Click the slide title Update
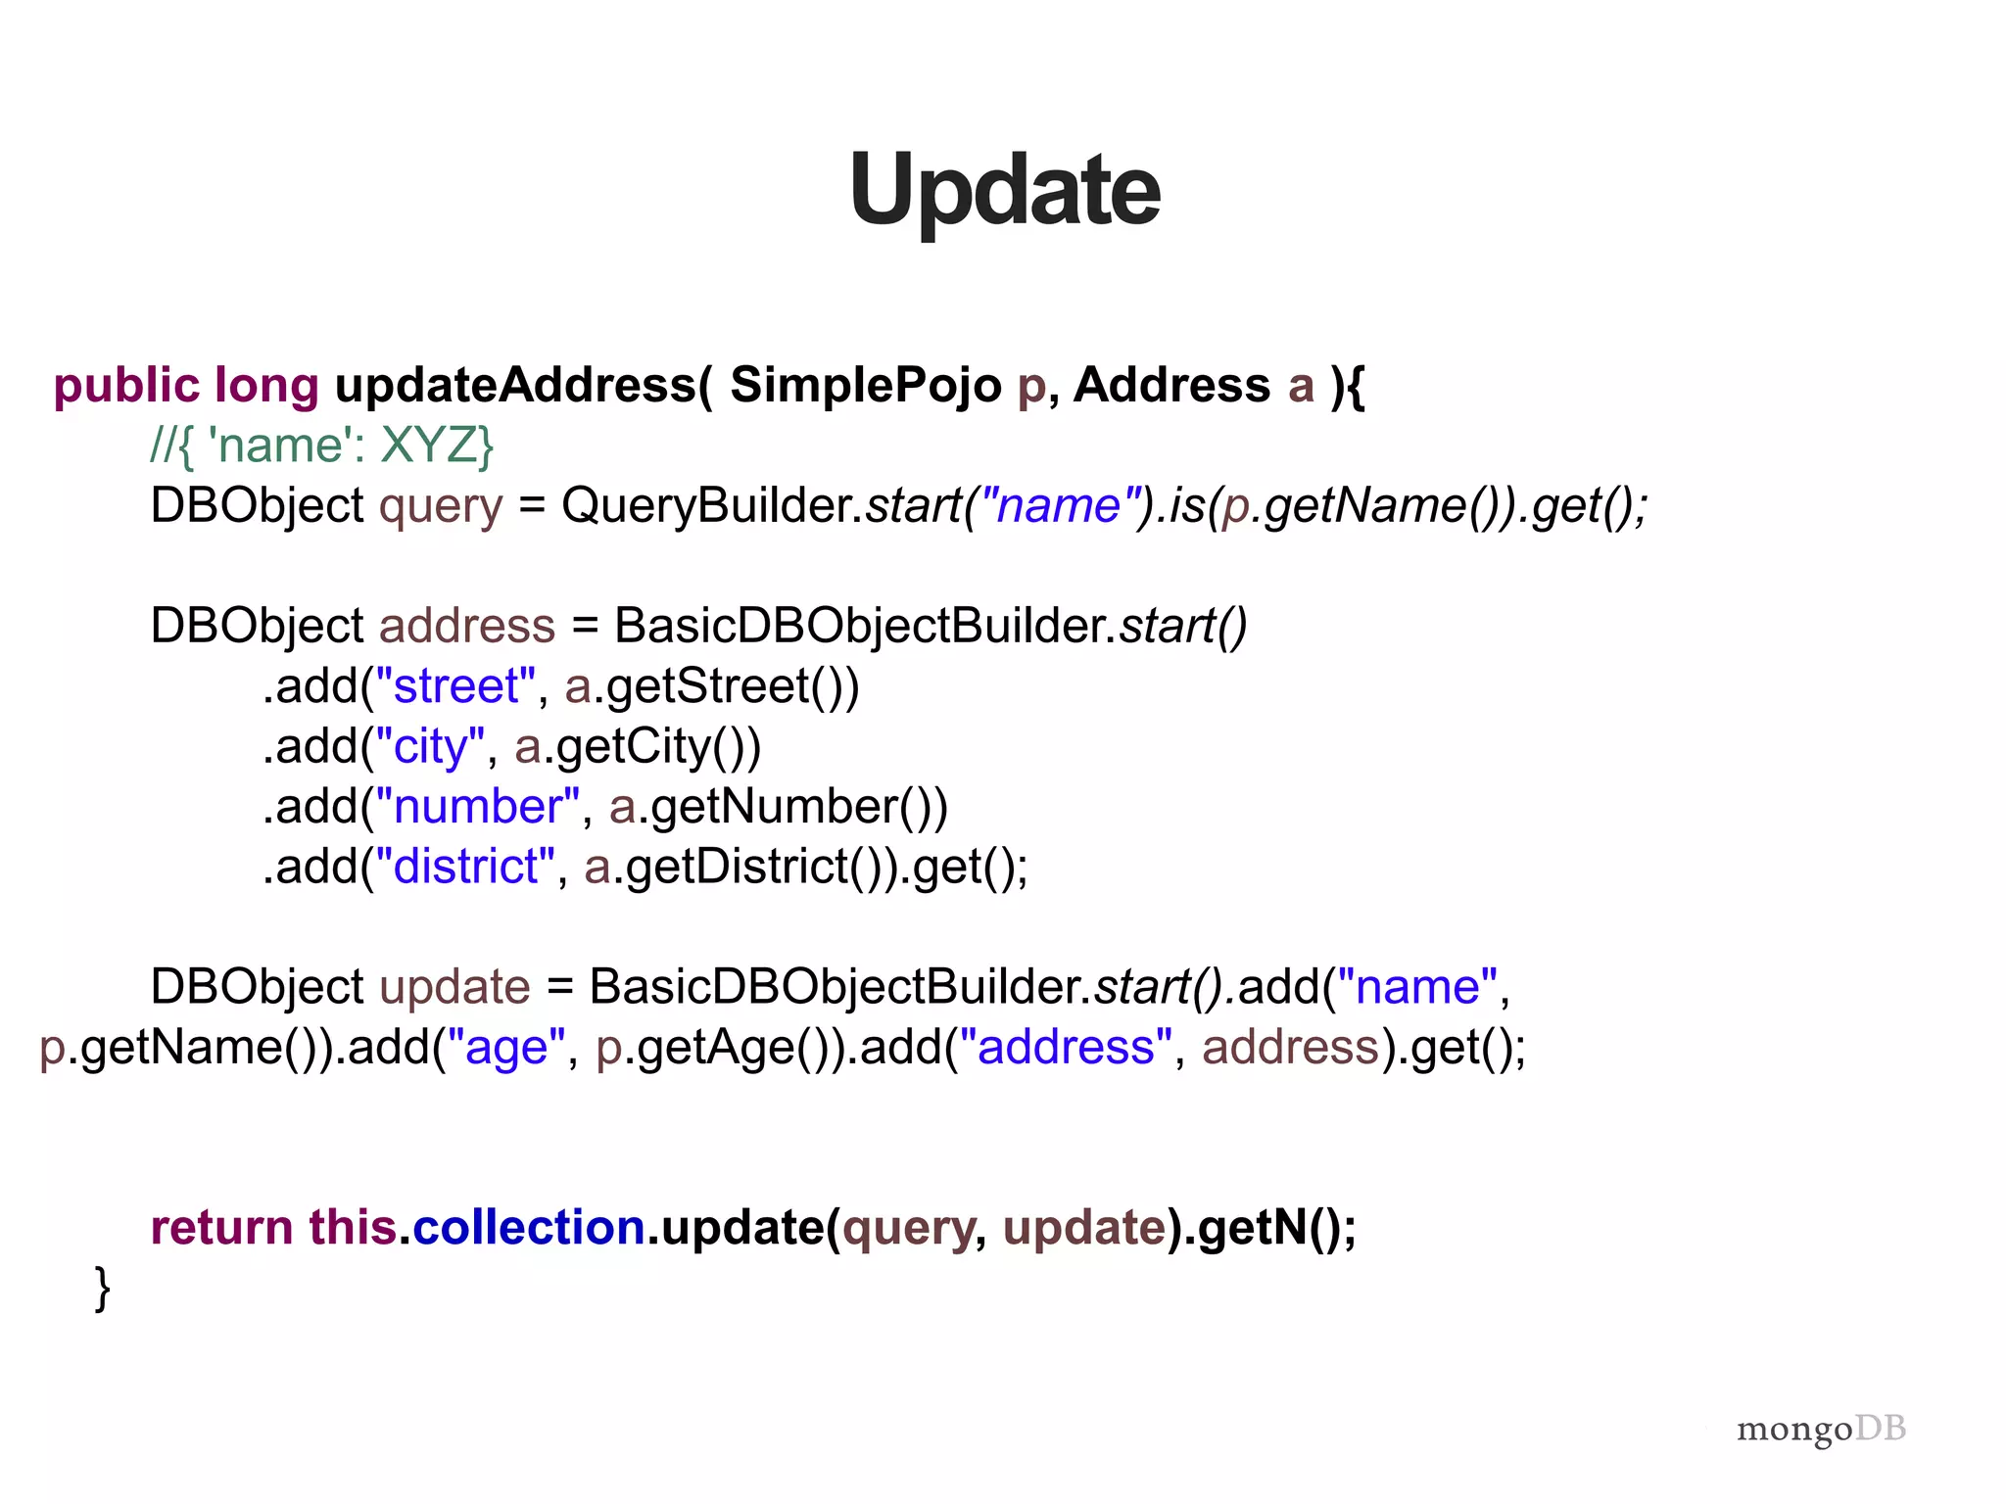tap(1004, 190)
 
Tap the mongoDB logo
tap(1821, 1429)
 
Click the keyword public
tap(126, 385)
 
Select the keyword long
tap(266, 385)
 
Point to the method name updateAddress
tap(515, 385)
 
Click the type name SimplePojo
tap(865, 385)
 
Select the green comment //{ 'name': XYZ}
tap(322, 446)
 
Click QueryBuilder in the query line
tap(710, 505)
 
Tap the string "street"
tap(456, 685)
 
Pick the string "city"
tap(431, 746)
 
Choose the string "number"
tap(478, 807)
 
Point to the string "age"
tap(506, 1047)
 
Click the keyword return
tap(221, 1227)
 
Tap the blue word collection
tap(529, 1227)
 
